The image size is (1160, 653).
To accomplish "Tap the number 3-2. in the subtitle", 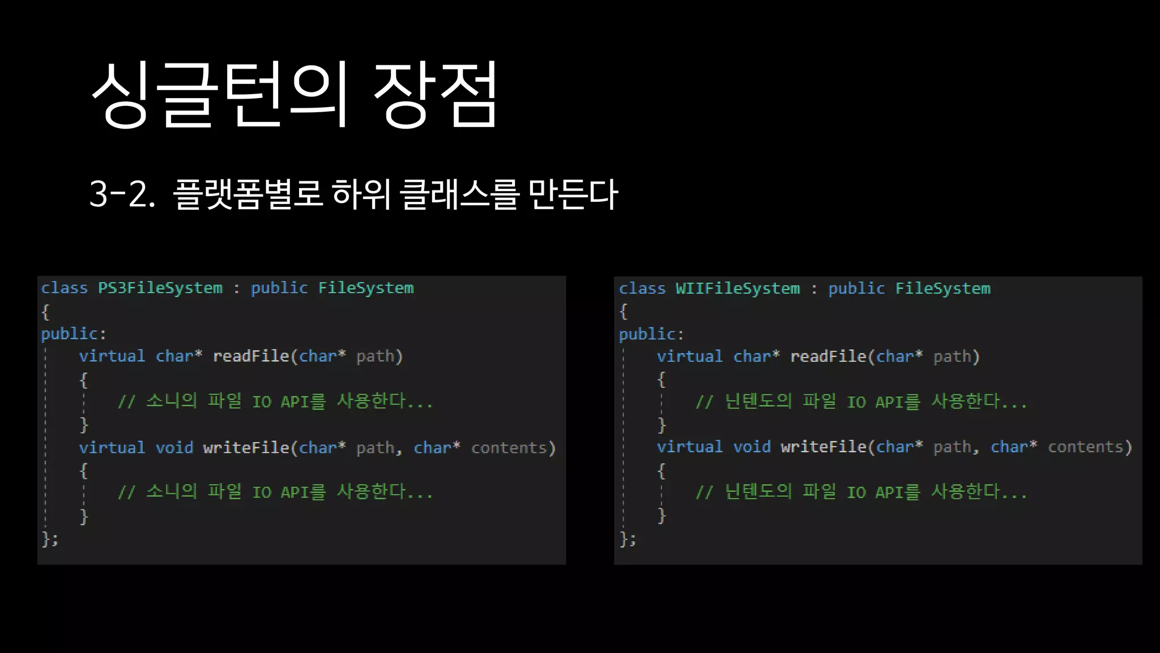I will point(122,194).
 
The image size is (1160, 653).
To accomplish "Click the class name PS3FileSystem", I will point(160,288).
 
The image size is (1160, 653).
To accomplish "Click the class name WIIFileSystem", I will point(737,289).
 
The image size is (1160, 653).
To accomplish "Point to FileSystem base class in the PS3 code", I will point(366,288).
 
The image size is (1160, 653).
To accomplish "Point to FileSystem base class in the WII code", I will point(942,289).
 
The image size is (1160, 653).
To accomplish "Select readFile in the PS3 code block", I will point(251,357).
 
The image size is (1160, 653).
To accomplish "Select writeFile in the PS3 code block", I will point(246,448).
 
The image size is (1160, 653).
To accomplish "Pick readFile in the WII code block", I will point(828,357).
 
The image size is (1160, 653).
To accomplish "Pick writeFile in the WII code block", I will point(824,447).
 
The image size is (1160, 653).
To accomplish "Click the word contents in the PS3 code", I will point(509,448).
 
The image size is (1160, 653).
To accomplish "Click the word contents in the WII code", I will point(1085,447).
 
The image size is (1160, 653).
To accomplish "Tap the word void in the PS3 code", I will point(174,448).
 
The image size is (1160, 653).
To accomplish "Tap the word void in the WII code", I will point(752,447).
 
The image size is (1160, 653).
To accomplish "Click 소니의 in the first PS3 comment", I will point(171,401).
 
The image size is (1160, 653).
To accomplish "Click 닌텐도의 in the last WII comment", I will point(758,491).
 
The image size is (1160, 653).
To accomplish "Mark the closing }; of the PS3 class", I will point(50,538).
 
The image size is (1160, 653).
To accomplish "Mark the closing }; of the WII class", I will point(628,538).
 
